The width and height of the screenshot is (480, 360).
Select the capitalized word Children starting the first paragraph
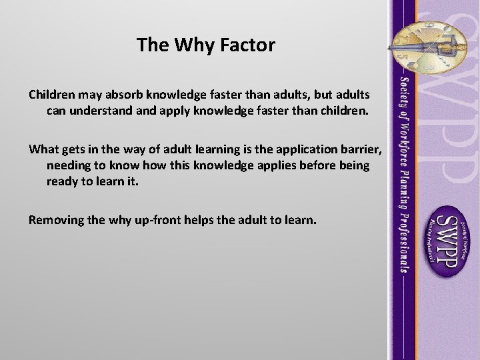(53, 92)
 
